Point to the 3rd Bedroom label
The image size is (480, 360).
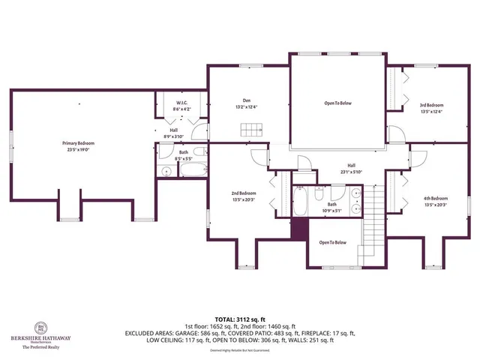point(430,105)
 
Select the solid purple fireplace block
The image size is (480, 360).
point(300,229)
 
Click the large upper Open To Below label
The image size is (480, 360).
point(337,103)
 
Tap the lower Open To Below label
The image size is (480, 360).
point(333,242)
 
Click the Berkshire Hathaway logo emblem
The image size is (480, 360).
point(40,328)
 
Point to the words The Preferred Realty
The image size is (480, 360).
point(42,347)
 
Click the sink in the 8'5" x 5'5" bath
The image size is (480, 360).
point(166,172)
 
